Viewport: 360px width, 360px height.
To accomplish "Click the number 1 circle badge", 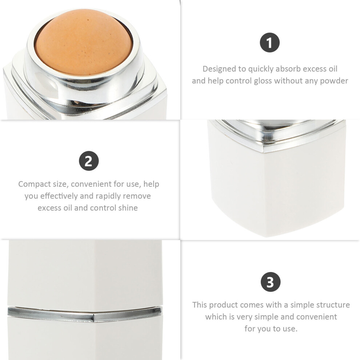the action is pos(269,43).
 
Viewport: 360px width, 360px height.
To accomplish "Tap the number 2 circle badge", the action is pos(89,161).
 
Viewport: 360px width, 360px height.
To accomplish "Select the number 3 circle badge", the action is pos(271,282).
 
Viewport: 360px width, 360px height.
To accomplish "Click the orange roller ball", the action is pos(84,42).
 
